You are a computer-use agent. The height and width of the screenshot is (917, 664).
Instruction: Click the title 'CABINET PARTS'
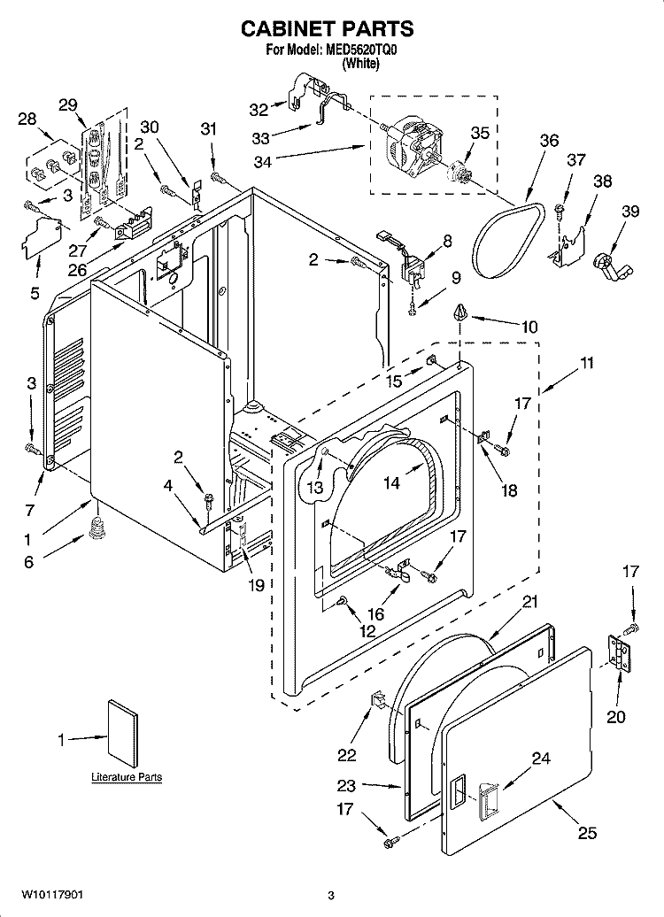[x=328, y=29]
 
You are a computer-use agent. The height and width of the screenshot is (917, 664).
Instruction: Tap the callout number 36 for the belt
[x=549, y=141]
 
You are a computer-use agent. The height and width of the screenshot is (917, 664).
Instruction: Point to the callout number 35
[x=479, y=133]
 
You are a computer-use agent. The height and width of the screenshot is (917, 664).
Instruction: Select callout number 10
[x=529, y=327]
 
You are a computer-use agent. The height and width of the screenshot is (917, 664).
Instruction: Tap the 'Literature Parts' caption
[x=127, y=777]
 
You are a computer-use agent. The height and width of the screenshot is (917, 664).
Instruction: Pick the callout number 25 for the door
[x=586, y=832]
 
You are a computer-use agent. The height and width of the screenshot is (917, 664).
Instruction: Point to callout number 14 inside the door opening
[x=391, y=482]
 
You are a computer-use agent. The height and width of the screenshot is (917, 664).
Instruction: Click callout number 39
[x=629, y=211]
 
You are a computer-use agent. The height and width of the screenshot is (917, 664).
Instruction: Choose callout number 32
[x=258, y=110]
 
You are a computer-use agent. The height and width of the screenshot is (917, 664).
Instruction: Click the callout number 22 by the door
[x=346, y=754]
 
